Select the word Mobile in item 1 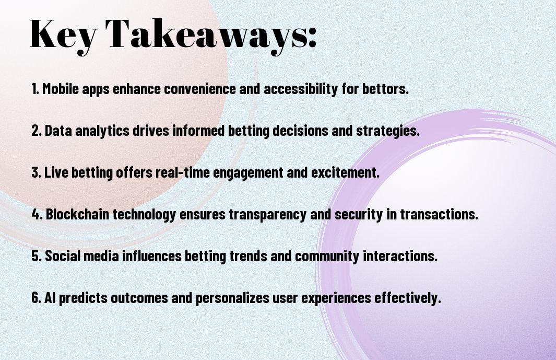click(x=60, y=89)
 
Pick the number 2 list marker click(x=37, y=131)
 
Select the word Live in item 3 click(x=56, y=172)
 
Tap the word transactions click(x=439, y=214)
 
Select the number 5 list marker click(x=37, y=256)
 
